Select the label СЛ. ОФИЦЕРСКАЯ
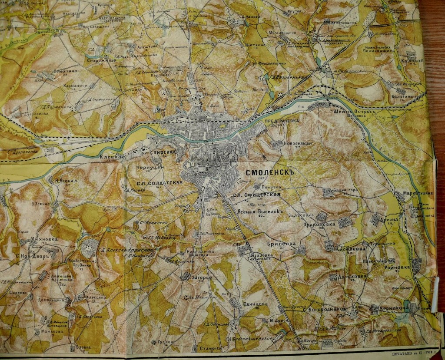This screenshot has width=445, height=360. [256, 195]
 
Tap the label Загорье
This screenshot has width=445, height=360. [202, 276]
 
